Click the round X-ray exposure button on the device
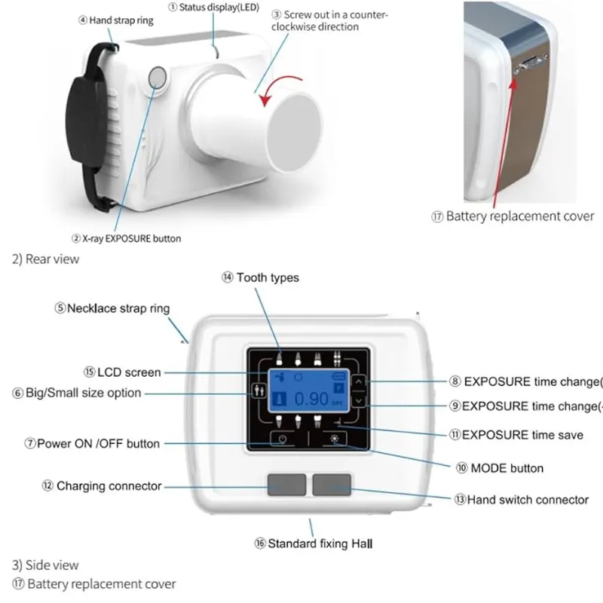point(158,77)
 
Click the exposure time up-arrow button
point(359,382)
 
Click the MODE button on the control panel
point(333,438)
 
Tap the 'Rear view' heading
point(45,259)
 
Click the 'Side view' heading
point(45,565)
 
